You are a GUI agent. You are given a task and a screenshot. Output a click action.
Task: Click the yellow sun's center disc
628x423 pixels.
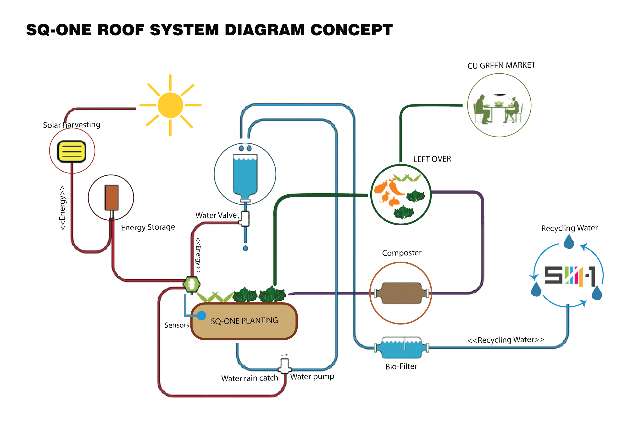170,105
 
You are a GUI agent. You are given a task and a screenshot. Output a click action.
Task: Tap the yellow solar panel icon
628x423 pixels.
72,151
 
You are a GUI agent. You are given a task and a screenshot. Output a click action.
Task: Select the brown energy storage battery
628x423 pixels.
111,197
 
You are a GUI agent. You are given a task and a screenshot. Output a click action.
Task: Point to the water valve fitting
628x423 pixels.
245,218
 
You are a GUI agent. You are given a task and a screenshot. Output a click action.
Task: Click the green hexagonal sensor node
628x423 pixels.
191,284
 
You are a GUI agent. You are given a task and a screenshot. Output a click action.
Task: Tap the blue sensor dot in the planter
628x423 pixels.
201,315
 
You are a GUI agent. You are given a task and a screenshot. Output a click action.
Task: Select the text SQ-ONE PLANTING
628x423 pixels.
244,321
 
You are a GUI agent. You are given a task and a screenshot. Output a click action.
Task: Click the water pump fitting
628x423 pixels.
284,366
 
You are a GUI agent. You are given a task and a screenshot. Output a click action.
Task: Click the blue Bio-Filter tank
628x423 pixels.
401,348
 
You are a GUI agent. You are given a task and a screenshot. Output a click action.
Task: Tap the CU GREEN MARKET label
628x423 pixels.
501,65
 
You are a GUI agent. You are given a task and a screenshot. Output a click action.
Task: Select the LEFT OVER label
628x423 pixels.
432,159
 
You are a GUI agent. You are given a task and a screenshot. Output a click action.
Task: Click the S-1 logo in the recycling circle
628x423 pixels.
569,276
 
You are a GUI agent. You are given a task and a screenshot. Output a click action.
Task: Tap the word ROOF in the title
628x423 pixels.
121,30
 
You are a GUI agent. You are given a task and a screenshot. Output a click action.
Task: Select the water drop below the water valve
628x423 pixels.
245,248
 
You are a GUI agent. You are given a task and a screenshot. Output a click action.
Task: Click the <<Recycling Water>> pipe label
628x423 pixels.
506,340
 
